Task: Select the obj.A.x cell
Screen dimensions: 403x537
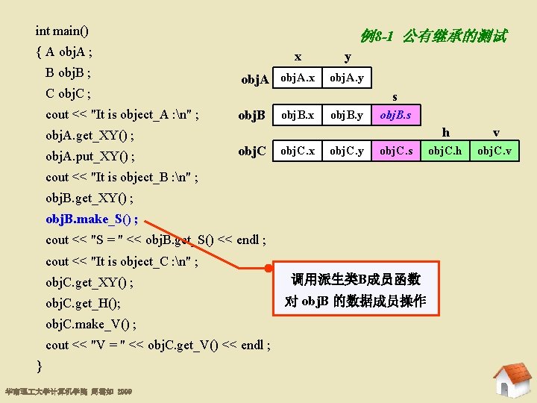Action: [297, 78]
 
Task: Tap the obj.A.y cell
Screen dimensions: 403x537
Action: [347, 78]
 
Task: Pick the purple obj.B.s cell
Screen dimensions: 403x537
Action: [400, 115]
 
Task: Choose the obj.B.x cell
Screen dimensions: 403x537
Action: [297, 115]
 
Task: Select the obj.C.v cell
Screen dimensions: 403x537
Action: [496, 151]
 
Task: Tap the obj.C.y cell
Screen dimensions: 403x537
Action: [347, 151]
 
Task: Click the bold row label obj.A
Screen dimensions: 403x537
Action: [254, 79]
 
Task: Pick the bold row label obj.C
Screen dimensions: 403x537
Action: [252, 151]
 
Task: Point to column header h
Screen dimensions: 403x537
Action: [446, 133]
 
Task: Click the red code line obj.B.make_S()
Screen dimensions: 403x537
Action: [91, 219]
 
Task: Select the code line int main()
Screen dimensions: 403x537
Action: [62, 31]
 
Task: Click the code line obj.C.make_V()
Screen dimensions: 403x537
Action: [90, 324]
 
